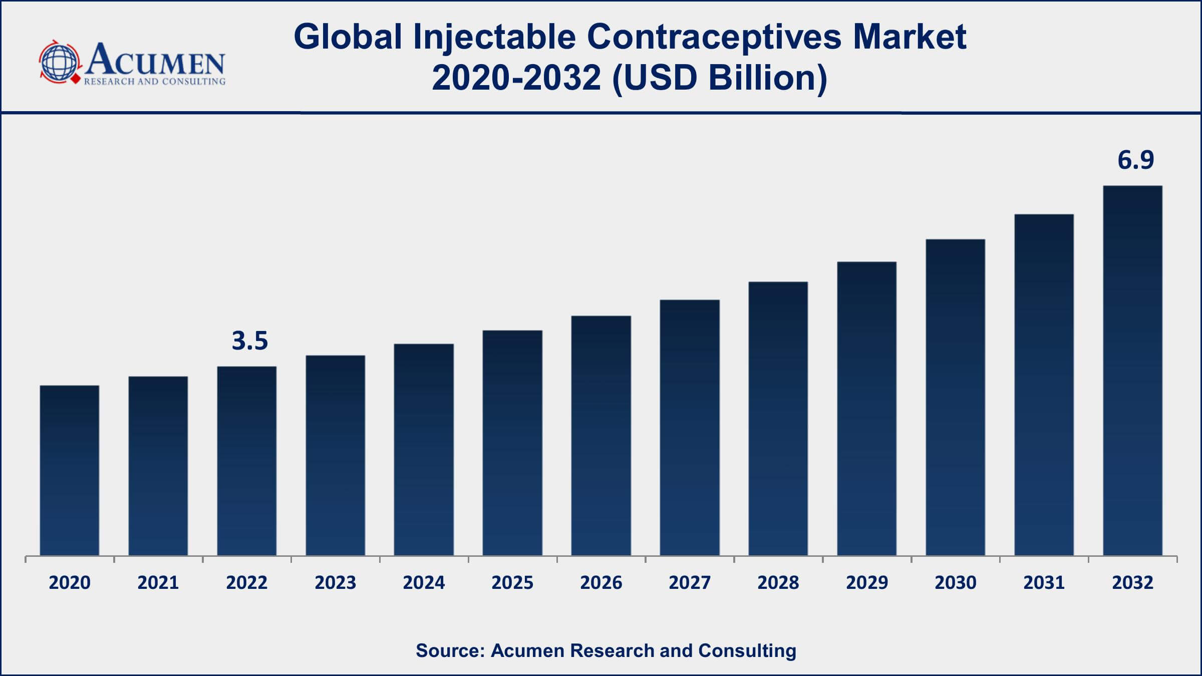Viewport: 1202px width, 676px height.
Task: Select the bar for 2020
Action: point(70,470)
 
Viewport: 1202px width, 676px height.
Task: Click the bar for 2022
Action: point(246,461)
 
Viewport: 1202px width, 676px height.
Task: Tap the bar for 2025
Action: point(512,443)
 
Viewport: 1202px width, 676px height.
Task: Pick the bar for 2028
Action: point(778,418)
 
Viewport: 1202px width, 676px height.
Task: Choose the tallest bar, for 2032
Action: point(1132,371)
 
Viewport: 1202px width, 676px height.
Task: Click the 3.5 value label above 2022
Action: point(250,341)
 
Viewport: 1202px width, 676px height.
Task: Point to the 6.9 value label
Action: point(1135,160)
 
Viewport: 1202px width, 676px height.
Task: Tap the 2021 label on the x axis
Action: point(158,583)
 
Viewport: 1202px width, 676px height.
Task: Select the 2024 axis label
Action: point(424,583)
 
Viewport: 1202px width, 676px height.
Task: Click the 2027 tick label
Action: point(690,583)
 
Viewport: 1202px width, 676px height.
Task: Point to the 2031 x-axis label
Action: point(1044,583)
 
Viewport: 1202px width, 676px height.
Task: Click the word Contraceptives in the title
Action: point(714,37)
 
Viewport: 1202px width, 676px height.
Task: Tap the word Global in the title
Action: point(348,37)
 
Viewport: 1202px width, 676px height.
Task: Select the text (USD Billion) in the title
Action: point(719,79)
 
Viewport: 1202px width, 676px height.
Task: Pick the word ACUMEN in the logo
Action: point(155,60)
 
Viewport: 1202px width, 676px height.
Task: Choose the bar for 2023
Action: point(335,455)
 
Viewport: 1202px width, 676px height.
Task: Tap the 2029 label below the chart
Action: point(866,583)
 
